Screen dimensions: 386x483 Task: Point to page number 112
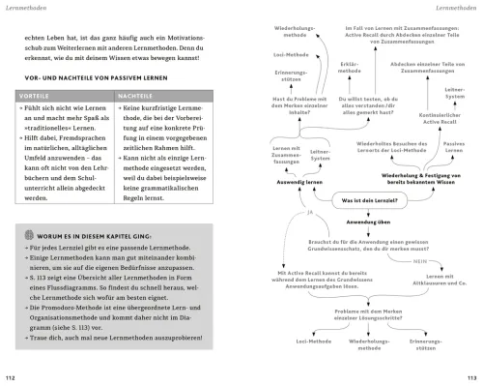click(12, 376)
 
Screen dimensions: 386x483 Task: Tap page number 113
click(470, 376)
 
